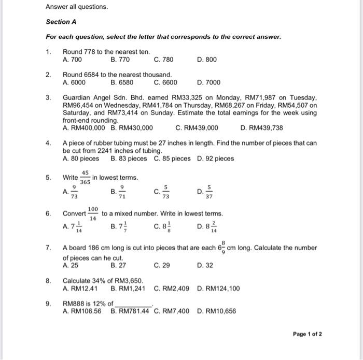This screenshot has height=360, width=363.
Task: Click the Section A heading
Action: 61,22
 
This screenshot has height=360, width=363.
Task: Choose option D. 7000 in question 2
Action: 209,82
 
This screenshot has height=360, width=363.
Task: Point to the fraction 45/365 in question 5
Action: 85,178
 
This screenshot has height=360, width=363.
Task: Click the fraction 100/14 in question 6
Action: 93,214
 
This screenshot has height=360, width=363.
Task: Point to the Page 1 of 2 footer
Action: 307,334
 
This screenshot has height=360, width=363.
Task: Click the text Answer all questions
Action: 69,7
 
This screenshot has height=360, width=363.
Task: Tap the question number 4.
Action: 48,143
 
